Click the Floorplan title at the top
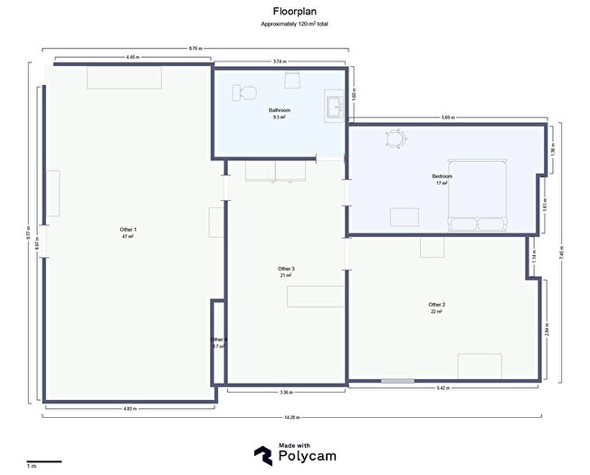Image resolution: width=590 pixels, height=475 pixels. point(295,11)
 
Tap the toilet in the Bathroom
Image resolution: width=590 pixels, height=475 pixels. point(245,92)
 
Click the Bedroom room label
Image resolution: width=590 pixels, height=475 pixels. point(442,178)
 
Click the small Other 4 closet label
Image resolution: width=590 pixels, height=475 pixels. point(218,342)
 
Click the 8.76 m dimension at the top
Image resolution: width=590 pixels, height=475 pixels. point(195,48)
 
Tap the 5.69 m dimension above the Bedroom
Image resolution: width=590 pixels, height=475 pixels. point(447,118)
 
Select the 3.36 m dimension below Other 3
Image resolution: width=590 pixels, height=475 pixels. point(286,393)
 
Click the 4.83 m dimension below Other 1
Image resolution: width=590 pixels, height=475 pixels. point(129,408)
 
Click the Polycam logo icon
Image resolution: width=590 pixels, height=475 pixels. point(263,455)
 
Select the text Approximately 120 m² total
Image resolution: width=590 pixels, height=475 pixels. point(295,24)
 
